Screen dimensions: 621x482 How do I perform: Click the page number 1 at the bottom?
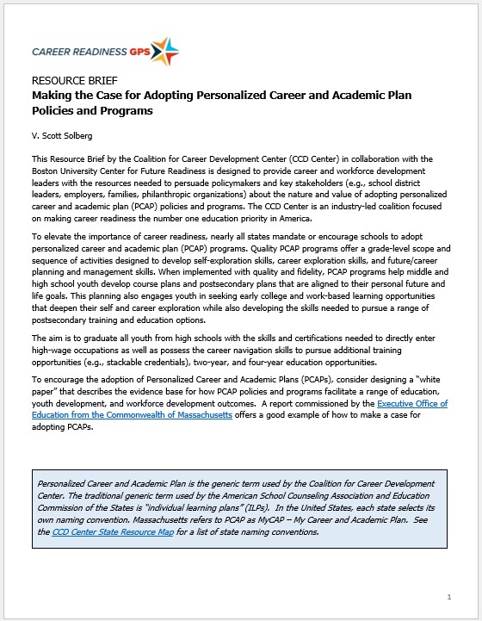448,596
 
